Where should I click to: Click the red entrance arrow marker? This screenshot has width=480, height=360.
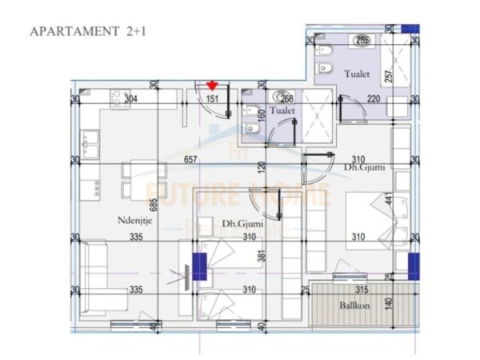pyautogui.click(x=212, y=85)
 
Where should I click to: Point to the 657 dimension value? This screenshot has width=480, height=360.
pyautogui.click(x=190, y=160)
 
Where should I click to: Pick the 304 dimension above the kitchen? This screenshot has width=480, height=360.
pyautogui.click(x=130, y=99)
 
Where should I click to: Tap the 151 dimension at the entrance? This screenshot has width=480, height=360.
pyautogui.click(x=213, y=99)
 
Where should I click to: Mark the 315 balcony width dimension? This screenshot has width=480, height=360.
pyautogui.click(x=361, y=290)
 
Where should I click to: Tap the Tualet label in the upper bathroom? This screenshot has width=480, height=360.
pyautogui.click(x=357, y=74)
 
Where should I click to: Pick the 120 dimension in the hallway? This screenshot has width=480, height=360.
pyautogui.click(x=262, y=169)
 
